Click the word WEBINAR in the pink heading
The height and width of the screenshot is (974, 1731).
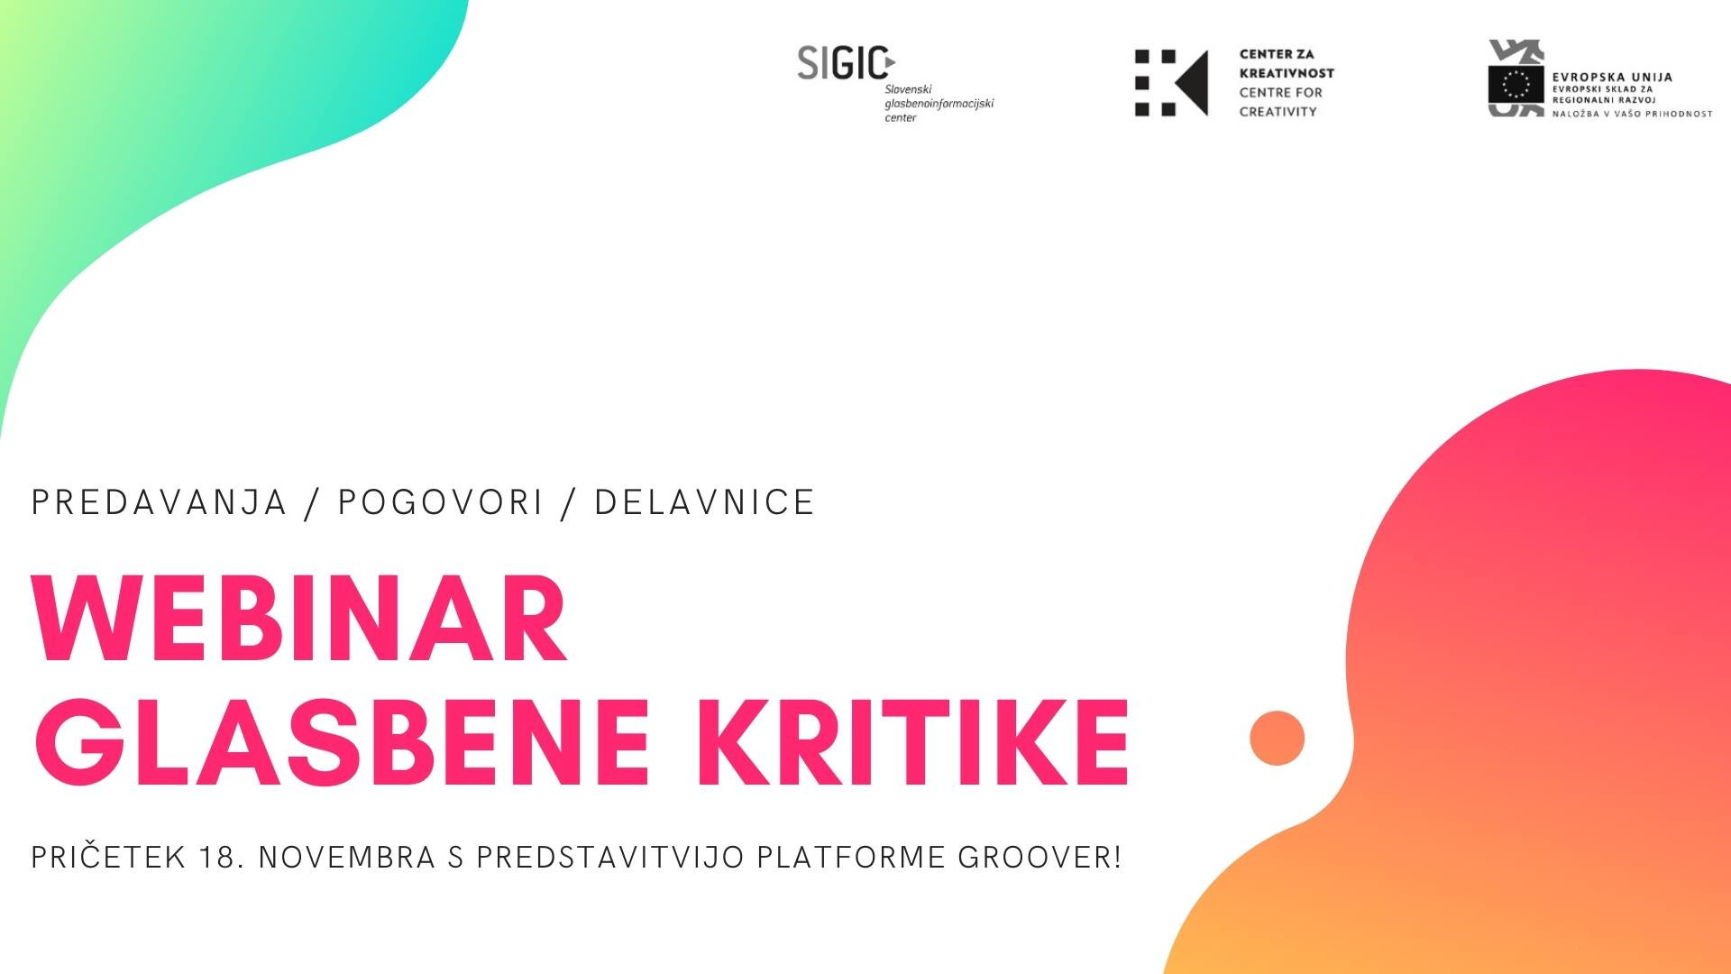pyautogui.click(x=300, y=619)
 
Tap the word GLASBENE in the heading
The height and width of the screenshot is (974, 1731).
pyautogui.click(x=343, y=741)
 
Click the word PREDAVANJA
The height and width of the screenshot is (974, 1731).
pyautogui.click(x=159, y=502)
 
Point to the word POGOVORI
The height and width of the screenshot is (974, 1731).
pyautogui.click(x=441, y=502)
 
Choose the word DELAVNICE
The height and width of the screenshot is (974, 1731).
pyautogui.click(x=705, y=502)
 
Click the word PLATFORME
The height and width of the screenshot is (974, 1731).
pyautogui.click(x=852, y=857)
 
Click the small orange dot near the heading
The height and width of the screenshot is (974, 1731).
pyautogui.click(x=1278, y=738)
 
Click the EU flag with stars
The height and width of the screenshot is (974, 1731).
pyautogui.click(x=1516, y=83)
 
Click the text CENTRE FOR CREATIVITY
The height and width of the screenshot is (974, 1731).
pyautogui.click(x=1281, y=102)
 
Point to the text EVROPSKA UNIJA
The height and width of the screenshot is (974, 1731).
pyautogui.click(x=1612, y=78)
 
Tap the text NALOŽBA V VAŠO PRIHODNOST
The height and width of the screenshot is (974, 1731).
pyautogui.click(x=1632, y=114)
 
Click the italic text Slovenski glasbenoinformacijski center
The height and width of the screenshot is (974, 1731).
pyautogui.click(x=939, y=104)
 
